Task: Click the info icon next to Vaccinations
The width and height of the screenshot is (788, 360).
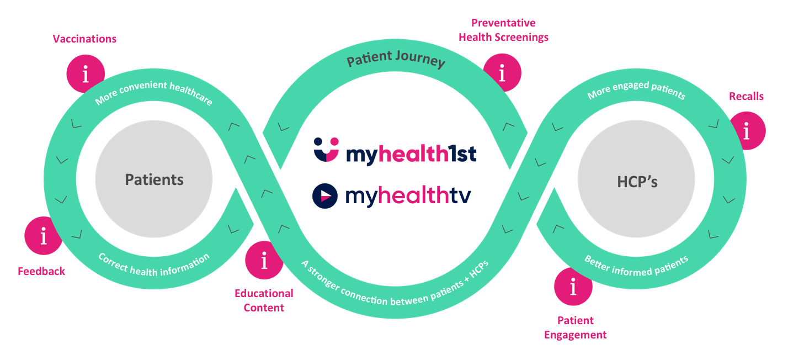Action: [86, 73]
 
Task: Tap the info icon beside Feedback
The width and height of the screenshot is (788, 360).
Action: [44, 236]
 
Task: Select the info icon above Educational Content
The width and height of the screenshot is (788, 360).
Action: [264, 260]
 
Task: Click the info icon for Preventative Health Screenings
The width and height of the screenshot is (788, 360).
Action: [502, 72]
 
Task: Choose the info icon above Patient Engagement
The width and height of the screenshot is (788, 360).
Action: [573, 287]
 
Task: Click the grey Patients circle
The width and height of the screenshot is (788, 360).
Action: [154, 179]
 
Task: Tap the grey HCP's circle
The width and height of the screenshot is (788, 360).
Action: [637, 181]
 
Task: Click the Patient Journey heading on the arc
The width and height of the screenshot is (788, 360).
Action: [396, 59]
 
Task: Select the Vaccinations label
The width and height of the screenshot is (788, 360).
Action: [84, 39]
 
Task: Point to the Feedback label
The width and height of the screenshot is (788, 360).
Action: [41, 271]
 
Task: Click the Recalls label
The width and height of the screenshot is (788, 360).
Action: [746, 96]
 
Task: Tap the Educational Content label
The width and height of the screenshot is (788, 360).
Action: [264, 300]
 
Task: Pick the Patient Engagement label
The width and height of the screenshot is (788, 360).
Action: [575, 327]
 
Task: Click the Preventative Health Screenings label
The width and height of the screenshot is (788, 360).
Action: [503, 30]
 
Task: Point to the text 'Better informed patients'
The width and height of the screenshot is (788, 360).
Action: [636, 265]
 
